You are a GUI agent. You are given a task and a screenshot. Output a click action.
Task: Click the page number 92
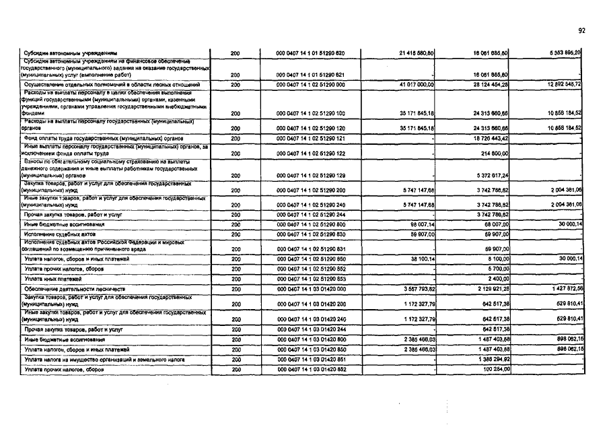point(582,30)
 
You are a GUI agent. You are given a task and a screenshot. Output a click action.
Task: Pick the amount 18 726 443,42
point(489,138)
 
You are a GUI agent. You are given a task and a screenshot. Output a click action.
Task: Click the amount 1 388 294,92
point(489,360)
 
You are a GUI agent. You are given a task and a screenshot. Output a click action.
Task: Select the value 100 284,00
point(493,370)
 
